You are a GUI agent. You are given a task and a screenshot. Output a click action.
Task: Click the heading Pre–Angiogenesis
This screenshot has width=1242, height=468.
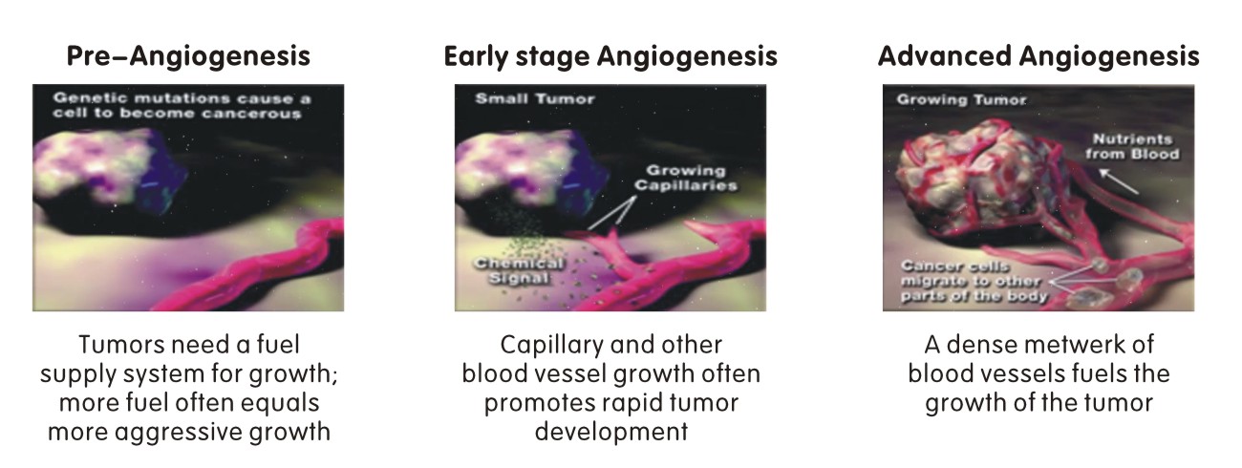pyautogui.click(x=188, y=57)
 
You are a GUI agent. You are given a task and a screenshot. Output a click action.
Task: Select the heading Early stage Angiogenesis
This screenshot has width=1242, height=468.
pyautogui.click(x=610, y=57)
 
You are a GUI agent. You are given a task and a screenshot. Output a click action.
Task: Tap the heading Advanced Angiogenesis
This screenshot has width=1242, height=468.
pyautogui.click(x=1039, y=57)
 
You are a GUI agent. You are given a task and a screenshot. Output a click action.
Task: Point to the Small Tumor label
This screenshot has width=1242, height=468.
pyautogui.click(x=534, y=99)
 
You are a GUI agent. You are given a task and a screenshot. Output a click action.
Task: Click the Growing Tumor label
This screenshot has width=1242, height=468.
pyautogui.click(x=961, y=100)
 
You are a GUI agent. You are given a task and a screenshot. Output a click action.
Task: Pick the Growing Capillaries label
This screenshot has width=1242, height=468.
pyautogui.click(x=686, y=178)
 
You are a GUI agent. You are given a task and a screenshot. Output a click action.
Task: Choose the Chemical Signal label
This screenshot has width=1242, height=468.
pyautogui.click(x=519, y=271)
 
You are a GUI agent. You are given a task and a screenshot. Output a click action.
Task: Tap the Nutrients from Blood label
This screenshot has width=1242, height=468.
pyautogui.click(x=1132, y=147)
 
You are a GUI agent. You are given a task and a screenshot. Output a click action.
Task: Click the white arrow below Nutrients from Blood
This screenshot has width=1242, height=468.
pyautogui.click(x=1119, y=181)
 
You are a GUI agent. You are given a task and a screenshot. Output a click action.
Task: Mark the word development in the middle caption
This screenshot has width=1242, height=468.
pyautogui.click(x=611, y=433)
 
